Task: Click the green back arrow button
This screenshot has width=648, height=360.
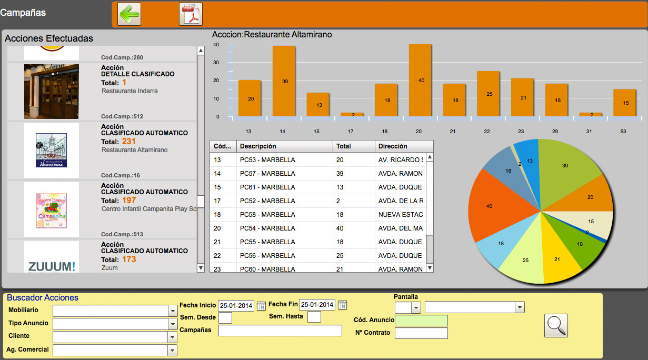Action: pos(129,14)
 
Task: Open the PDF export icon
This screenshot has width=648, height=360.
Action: pos(191,14)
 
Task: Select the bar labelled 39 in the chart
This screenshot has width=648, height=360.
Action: pos(284,81)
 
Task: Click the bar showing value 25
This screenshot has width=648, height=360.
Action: pos(488,93)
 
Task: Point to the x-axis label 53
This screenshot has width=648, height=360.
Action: pos(623,131)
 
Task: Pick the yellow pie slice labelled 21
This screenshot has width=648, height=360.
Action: pos(557,256)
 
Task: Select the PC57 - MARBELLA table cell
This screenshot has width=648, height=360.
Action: pos(284,173)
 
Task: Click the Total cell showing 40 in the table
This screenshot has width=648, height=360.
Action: pos(353,228)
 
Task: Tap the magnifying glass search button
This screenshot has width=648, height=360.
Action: pos(556,325)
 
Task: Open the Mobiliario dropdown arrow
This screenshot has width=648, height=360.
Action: pos(173,311)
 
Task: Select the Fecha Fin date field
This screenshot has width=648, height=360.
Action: pos(317,305)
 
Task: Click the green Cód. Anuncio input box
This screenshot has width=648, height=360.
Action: pos(421,321)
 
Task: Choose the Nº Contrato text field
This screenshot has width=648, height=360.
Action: pos(421,333)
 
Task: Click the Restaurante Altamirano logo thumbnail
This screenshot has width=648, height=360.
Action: pos(52,150)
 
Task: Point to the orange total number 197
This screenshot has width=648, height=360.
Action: pos(129,201)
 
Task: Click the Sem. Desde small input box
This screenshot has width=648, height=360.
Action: pos(225,317)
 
